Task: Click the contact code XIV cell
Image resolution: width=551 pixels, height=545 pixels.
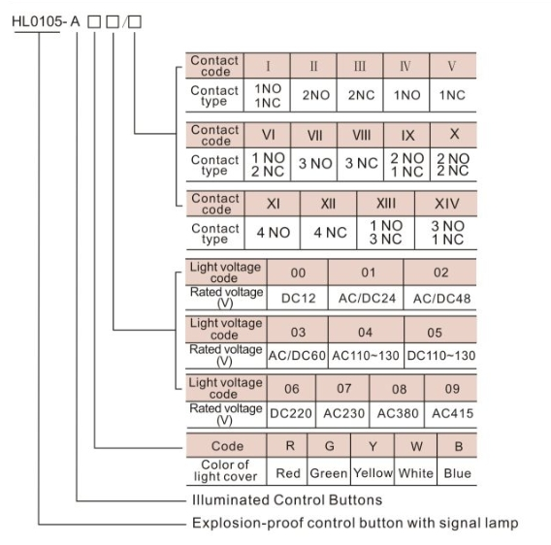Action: coord(446,204)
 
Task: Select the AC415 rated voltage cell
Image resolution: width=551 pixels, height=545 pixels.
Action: coord(451,414)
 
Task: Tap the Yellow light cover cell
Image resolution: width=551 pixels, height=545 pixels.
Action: coord(373,472)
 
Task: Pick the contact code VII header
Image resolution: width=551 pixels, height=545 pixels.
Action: coord(314,136)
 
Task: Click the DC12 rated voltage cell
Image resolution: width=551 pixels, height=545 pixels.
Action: coord(298,298)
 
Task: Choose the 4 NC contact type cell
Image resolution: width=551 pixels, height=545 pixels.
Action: coord(329,233)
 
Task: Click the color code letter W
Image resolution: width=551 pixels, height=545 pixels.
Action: coord(416,446)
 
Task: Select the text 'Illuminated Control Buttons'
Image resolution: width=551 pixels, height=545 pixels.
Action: coord(287,500)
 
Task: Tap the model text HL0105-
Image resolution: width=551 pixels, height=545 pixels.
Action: coord(39,21)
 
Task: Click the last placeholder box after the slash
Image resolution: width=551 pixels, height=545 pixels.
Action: coord(135,21)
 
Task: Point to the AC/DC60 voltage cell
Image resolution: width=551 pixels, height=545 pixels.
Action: coord(297,356)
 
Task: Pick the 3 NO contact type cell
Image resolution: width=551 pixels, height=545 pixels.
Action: coord(314,164)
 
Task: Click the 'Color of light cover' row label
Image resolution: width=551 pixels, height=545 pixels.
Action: coord(226,471)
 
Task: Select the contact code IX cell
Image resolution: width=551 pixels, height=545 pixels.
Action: coord(406,136)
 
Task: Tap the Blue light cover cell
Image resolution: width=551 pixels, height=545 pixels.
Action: coord(457,472)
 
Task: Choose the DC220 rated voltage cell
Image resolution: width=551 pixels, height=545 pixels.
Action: coord(291,414)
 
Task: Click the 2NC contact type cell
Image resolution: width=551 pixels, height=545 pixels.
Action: coord(360,95)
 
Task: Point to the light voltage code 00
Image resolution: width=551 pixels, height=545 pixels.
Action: coord(298,272)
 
